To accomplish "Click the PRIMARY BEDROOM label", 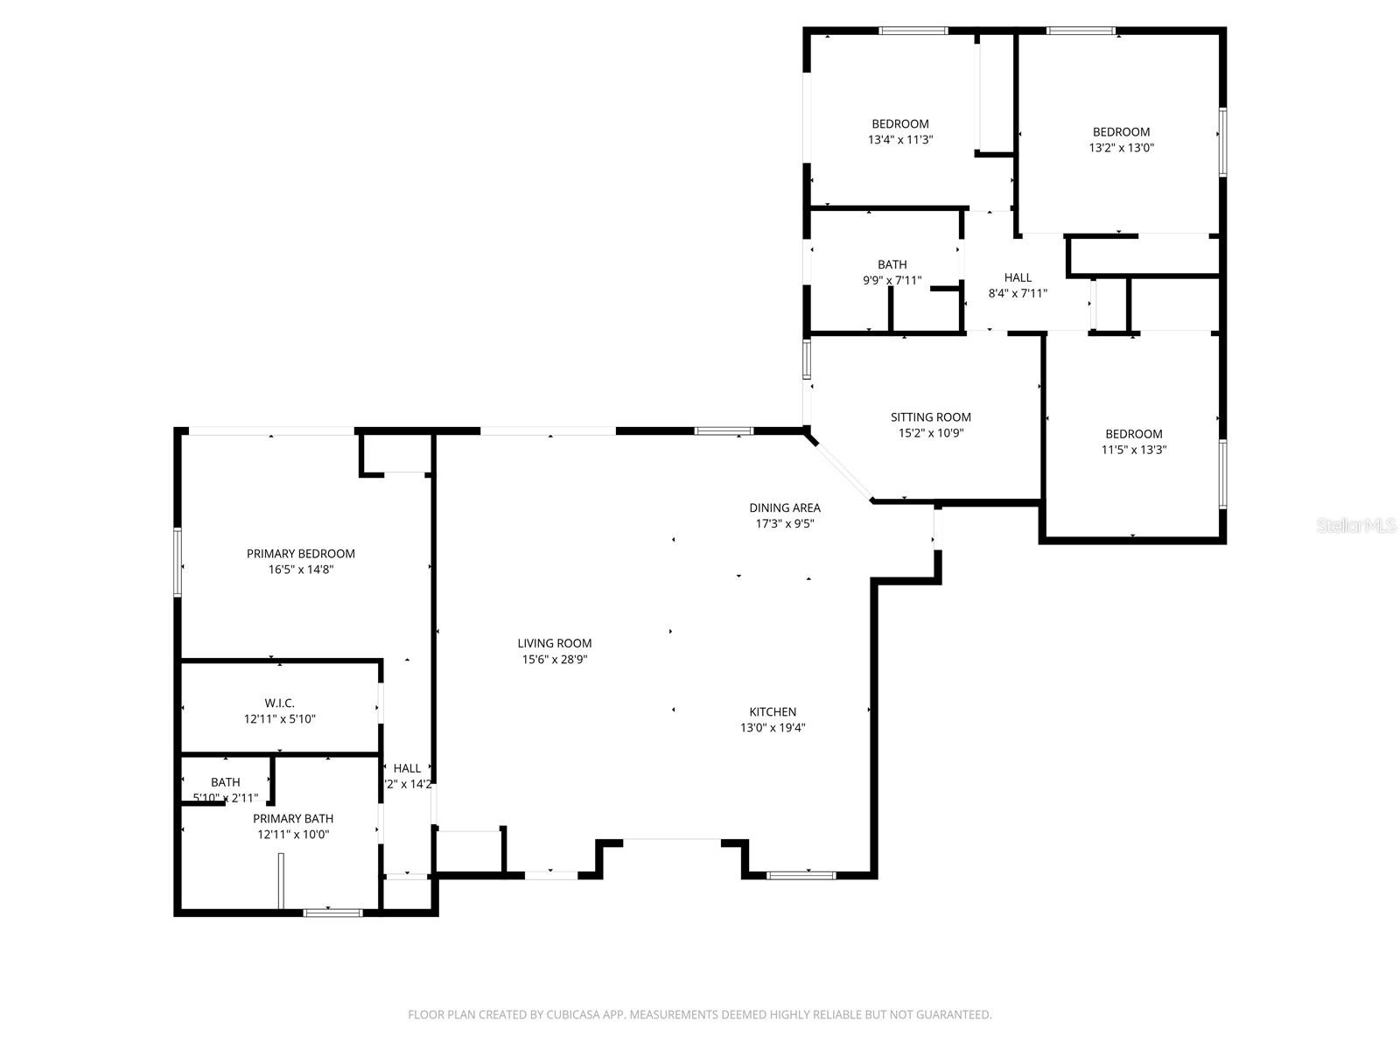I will click(x=300, y=553).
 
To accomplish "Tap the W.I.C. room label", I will click(x=279, y=703).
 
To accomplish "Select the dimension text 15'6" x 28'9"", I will click(x=554, y=660).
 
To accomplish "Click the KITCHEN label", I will click(x=773, y=711).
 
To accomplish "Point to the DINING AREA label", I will click(x=784, y=507).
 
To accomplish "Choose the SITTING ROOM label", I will click(x=930, y=417).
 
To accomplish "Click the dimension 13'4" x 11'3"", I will click(x=899, y=139).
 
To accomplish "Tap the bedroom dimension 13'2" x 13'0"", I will click(x=1121, y=148).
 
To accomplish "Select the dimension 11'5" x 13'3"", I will click(x=1133, y=450).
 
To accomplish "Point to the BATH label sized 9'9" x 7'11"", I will click(x=892, y=264).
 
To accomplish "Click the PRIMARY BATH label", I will click(x=292, y=818).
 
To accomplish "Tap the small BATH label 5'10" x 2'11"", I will click(x=225, y=782).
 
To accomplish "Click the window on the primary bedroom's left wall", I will click(x=178, y=563).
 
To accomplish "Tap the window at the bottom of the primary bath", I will click(x=332, y=913).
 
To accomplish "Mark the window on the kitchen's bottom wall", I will click(x=801, y=874).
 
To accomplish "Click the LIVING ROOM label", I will click(x=554, y=643).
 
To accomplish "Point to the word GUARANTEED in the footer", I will click(x=953, y=1015).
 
